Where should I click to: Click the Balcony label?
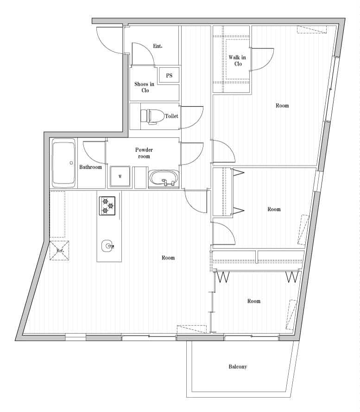pos(238,367)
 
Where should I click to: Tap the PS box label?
pos(169,76)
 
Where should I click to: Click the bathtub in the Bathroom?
pos(63,163)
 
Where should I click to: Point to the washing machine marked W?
pos(120,177)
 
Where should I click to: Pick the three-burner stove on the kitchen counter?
pos(107,206)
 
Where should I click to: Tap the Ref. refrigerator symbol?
pos(60,250)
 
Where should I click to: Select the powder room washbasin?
pos(164,179)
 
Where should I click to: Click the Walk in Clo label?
pos(237,61)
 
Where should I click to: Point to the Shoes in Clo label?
pos(145,87)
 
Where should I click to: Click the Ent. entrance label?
pos(158,46)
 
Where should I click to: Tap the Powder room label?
pos(144,153)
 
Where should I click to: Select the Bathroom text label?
pos(90,167)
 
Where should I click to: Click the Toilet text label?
pos(171,116)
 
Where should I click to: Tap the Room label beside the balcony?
pos(254,301)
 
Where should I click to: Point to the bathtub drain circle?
pos(71,163)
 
